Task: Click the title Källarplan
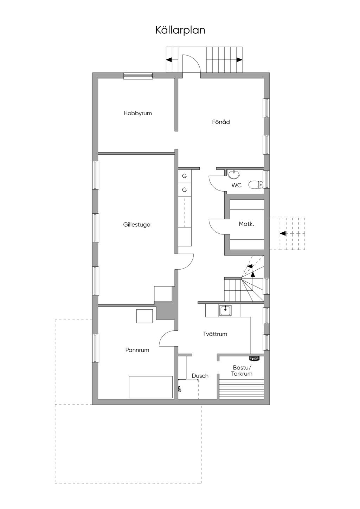click(180, 30)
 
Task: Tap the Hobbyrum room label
click(137, 113)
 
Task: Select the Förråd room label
click(221, 122)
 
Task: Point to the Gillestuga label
click(137, 224)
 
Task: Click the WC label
click(236, 185)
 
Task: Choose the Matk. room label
click(246, 224)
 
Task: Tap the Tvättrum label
click(215, 334)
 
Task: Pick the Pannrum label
click(137, 350)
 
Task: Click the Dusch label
click(200, 376)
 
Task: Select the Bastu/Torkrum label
click(242, 371)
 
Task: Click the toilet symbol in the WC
click(255, 184)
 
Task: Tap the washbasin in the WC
click(233, 174)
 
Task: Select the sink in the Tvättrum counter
click(225, 310)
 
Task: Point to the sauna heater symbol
click(254, 359)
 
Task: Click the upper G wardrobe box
click(184, 176)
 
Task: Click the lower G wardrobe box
click(184, 190)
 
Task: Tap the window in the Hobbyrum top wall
click(138, 75)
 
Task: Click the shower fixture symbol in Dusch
click(179, 389)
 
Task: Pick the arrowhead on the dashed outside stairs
click(282, 233)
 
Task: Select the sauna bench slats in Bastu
click(241, 389)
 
